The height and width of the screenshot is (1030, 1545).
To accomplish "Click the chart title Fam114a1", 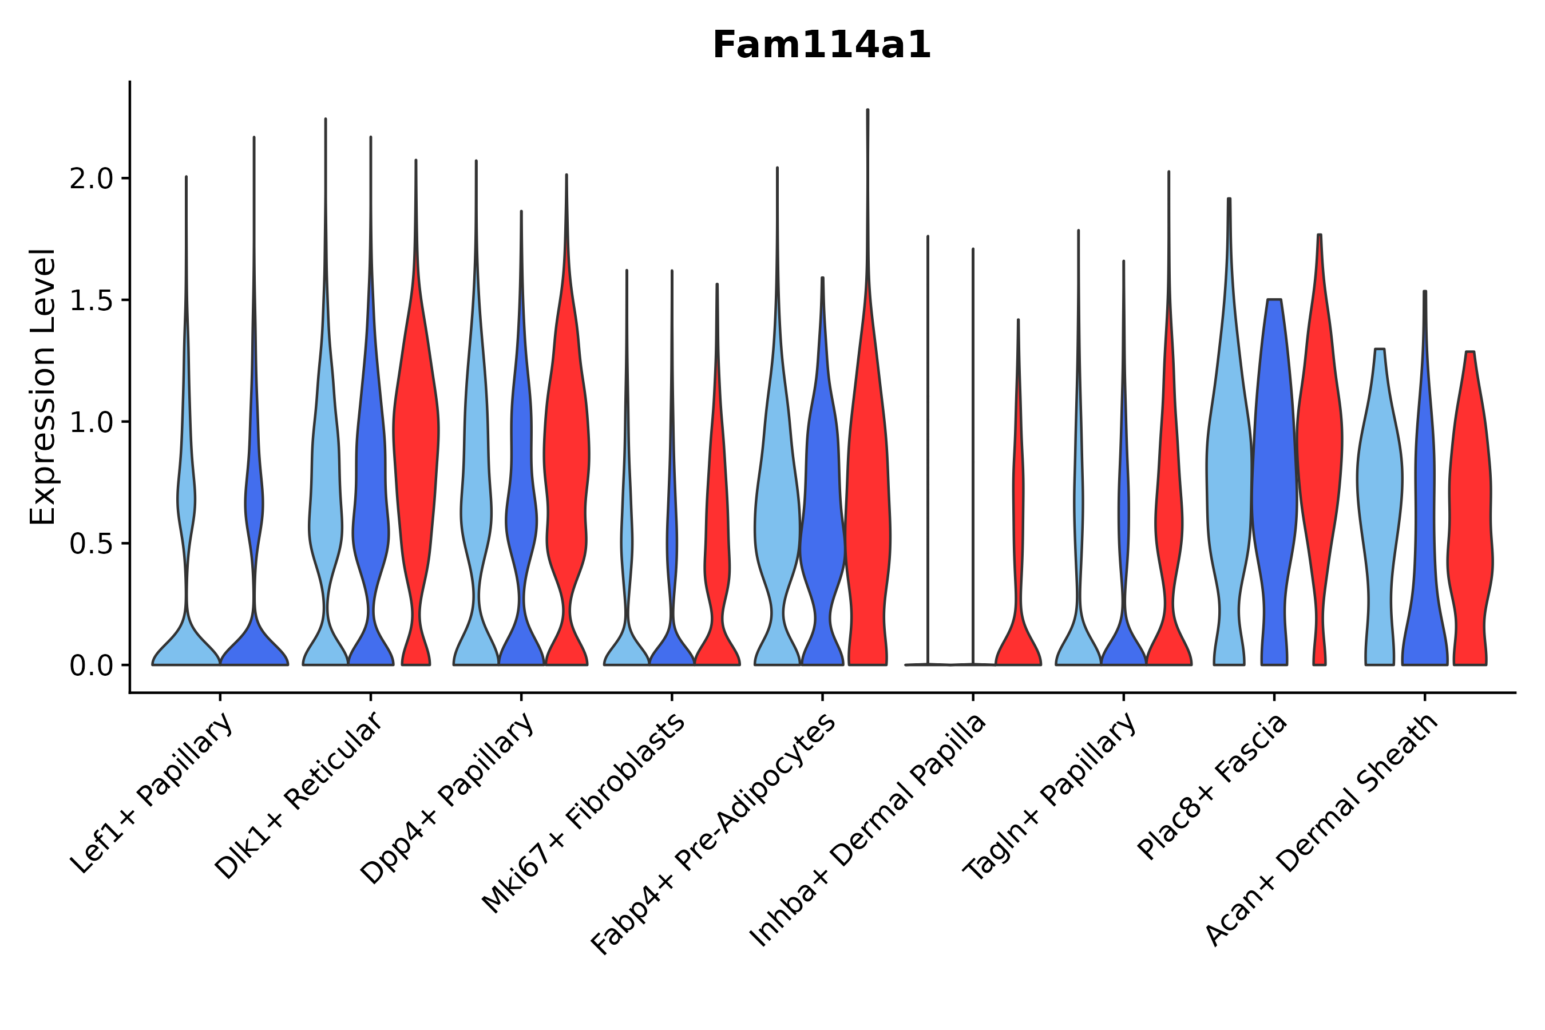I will point(822,46).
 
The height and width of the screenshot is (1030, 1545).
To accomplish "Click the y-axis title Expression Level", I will point(43,386).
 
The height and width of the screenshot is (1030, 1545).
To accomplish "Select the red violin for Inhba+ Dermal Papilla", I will point(1018,631).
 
